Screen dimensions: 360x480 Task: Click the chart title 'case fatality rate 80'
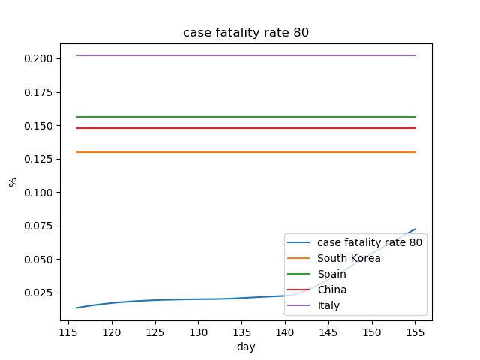tap(246, 33)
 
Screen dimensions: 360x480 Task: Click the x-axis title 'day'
tap(246, 346)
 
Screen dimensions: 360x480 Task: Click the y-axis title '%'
tap(13, 181)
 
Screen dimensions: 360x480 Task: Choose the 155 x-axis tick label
tap(415, 331)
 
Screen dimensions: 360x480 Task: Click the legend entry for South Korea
tap(349, 258)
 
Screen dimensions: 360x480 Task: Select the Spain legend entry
tap(332, 274)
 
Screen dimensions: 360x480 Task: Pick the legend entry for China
tap(332, 289)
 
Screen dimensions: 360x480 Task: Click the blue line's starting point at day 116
tap(77, 307)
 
